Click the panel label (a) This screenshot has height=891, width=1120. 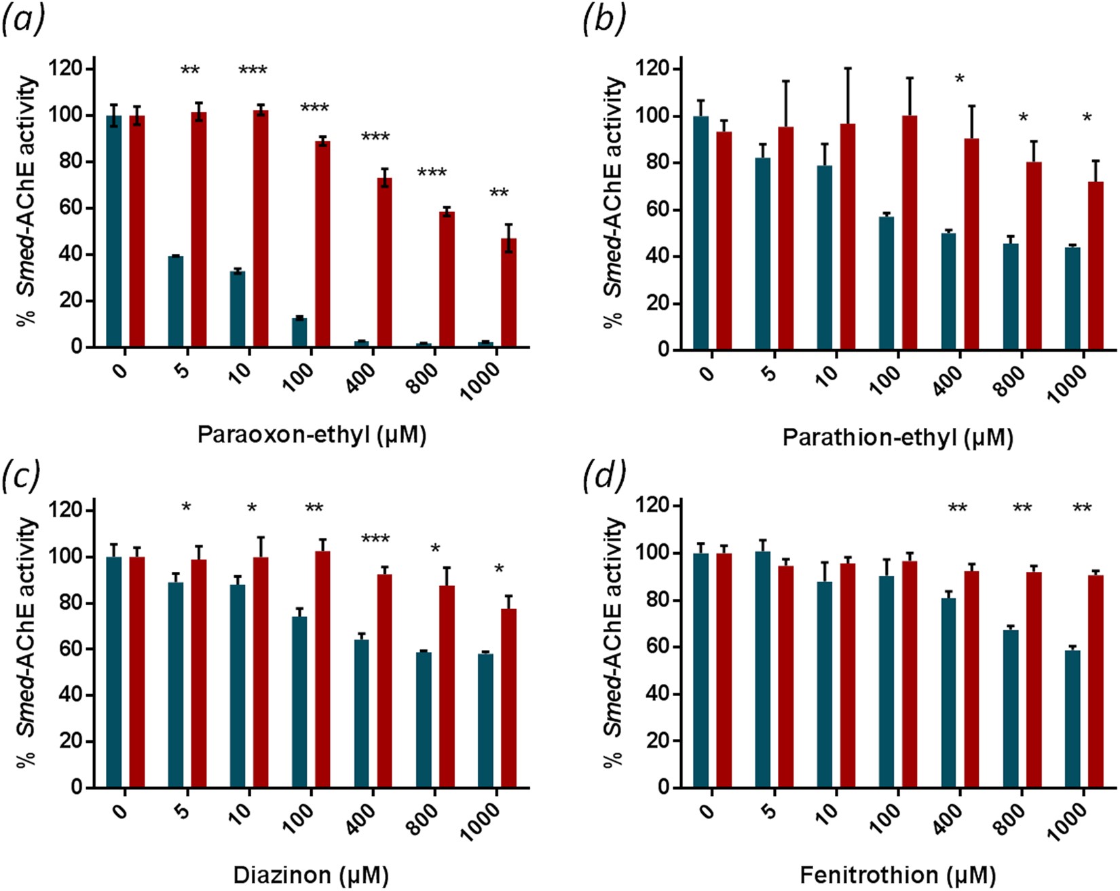(x=22, y=20)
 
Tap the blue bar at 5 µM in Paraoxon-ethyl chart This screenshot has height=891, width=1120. (x=176, y=302)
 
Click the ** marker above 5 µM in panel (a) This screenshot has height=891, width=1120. (x=190, y=71)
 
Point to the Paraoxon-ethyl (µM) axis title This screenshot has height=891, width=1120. (x=312, y=435)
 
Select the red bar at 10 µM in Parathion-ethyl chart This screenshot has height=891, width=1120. (x=847, y=238)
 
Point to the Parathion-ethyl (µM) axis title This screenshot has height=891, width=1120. (x=897, y=437)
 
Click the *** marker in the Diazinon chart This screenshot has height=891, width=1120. (x=375, y=540)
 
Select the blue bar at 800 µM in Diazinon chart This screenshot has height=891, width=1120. (x=424, y=720)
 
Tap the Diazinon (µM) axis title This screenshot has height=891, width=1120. (x=311, y=875)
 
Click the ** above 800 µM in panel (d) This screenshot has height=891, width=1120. (x=1022, y=509)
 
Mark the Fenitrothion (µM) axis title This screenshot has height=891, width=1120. (x=897, y=875)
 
